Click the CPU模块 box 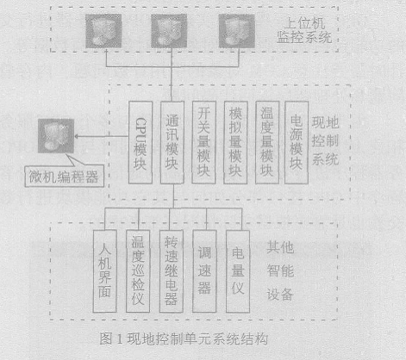point(141,142)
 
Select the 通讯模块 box point(172,142)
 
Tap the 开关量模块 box point(203,142)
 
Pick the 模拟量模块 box point(235,142)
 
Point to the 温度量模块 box point(267,142)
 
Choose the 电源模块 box point(297,142)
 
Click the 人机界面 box point(104,271)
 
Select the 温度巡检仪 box point(138,271)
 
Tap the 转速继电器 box point(172,271)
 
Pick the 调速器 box point(204,271)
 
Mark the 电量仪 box point(238,271)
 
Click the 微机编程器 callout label point(65,177)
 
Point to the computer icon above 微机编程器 point(56,136)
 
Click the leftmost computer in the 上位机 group point(103,31)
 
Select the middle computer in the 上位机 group point(169,31)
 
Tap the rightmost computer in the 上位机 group point(237,31)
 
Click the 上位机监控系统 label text point(304,30)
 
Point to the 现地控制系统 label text point(326,141)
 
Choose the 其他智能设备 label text point(280,270)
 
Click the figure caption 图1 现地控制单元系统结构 point(184,339)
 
